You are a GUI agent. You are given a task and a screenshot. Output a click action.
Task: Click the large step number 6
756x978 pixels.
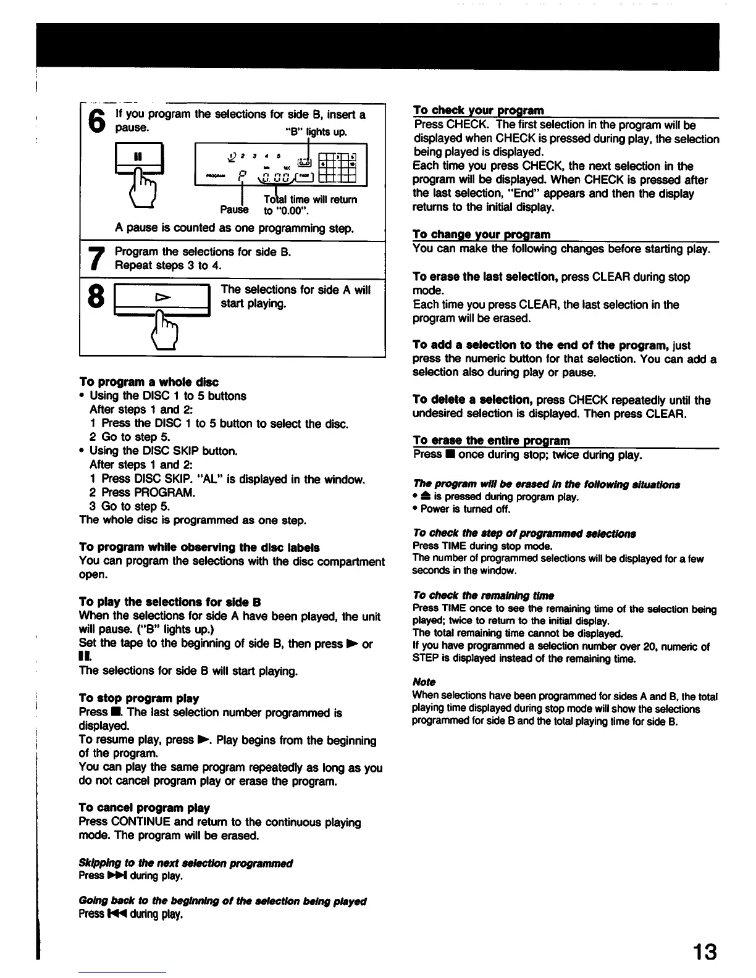[x=96, y=121]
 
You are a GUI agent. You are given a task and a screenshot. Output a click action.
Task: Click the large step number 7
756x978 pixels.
[x=96, y=259]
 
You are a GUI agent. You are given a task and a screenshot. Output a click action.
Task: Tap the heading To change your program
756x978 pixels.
[x=481, y=235]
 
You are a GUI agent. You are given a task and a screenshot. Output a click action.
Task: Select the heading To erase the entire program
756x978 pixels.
[x=491, y=440]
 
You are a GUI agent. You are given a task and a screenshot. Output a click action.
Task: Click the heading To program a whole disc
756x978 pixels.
[x=149, y=382]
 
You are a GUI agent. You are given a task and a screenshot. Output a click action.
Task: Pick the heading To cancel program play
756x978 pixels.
[x=145, y=808]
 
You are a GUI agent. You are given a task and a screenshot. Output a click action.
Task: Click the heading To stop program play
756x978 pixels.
[x=139, y=698]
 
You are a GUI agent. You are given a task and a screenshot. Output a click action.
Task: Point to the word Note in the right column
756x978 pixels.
[x=424, y=682]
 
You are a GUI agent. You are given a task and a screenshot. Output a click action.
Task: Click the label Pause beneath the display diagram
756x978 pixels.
[x=234, y=210]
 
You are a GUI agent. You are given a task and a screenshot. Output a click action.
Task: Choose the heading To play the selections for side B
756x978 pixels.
[x=170, y=602]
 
